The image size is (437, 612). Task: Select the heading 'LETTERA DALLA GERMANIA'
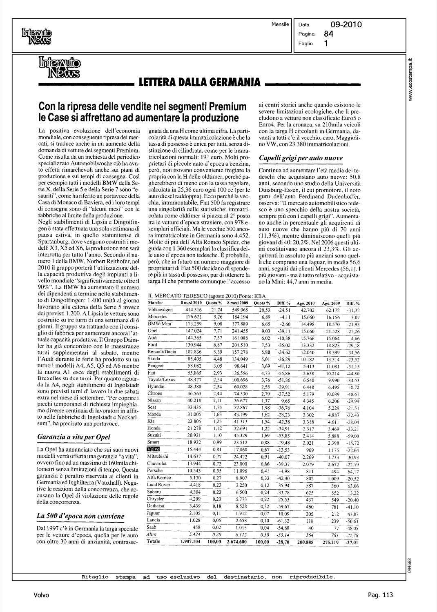click(200, 82)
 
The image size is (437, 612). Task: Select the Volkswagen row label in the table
click(161, 310)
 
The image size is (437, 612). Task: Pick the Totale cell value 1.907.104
click(192, 542)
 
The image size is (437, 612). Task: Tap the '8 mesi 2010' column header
click(192, 303)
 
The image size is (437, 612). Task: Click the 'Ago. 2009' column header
click(331, 303)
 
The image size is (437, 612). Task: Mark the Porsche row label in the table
click(155, 471)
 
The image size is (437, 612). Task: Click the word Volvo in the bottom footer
click(42, 595)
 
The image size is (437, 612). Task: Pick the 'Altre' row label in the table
click(153, 534)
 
